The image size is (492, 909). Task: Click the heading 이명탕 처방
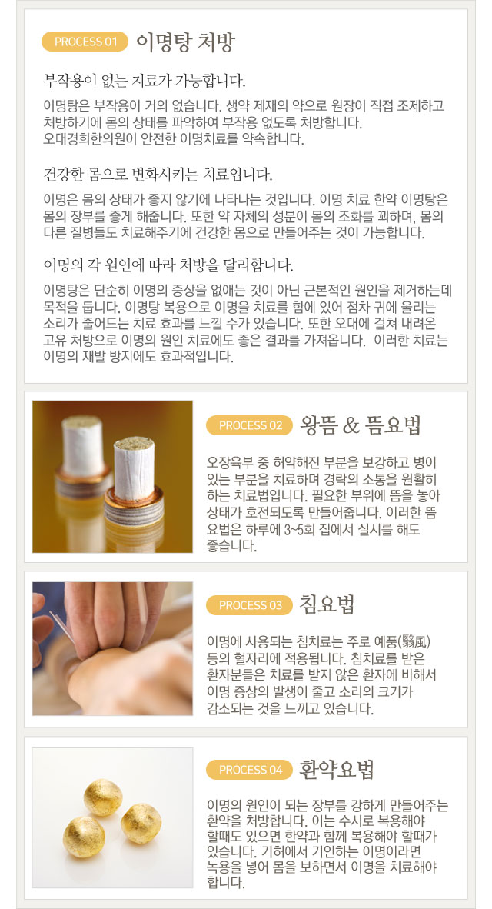click(x=185, y=42)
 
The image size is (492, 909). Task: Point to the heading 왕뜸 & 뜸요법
click(x=361, y=425)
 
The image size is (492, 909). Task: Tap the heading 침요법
click(x=327, y=605)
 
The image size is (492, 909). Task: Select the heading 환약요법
click(x=337, y=771)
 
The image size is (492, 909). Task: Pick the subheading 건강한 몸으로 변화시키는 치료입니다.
click(x=158, y=174)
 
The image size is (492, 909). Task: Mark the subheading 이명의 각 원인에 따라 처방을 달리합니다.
click(x=168, y=265)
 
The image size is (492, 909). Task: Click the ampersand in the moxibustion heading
click(x=351, y=426)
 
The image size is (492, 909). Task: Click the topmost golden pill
click(x=102, y=797)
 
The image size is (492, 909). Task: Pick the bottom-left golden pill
click(x=84, y=837)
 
